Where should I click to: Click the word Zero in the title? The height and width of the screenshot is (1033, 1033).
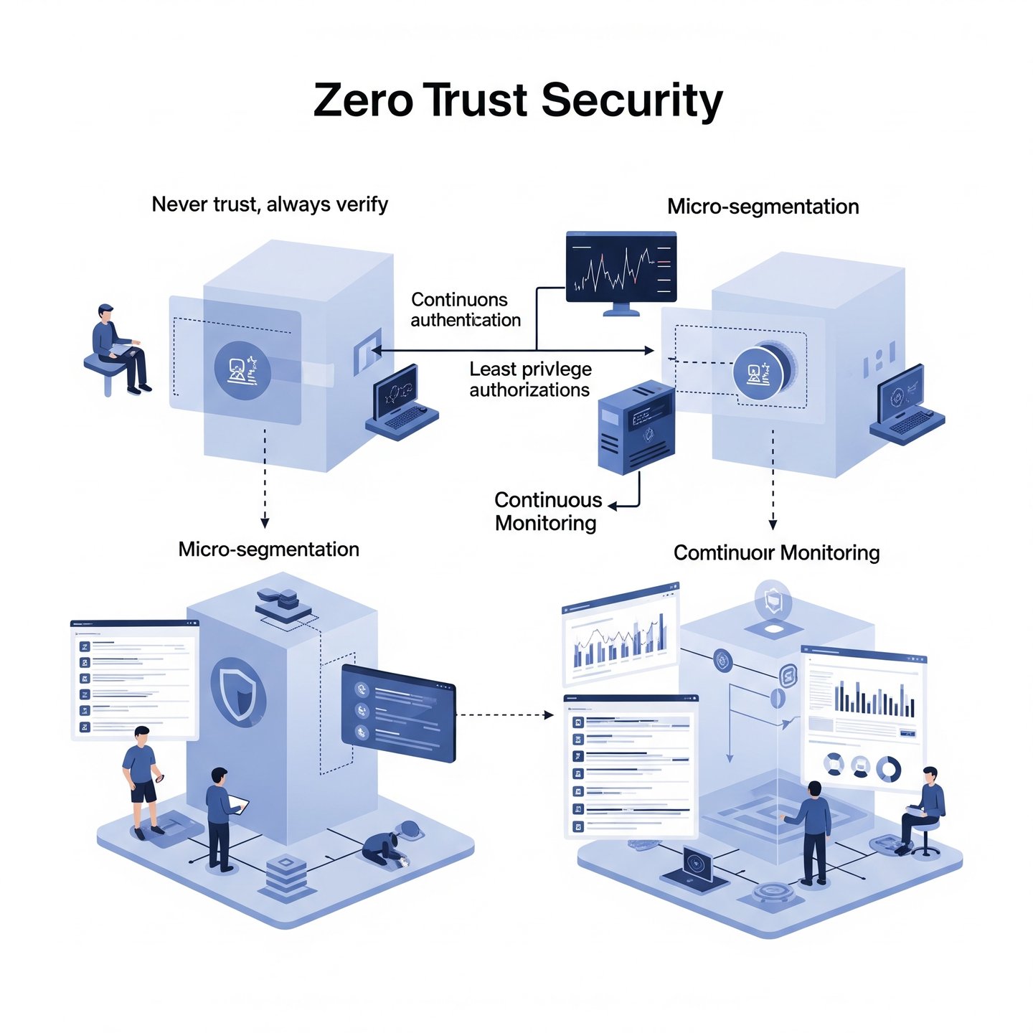363,100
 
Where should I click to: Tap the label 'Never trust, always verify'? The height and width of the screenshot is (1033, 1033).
270,204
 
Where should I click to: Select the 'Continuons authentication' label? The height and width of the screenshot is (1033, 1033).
466,310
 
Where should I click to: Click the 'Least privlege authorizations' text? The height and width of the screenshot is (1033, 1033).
530,379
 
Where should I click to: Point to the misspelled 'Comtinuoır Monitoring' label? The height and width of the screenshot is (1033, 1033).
776,553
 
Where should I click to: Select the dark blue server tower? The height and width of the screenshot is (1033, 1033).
636,428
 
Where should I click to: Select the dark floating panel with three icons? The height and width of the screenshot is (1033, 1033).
399,713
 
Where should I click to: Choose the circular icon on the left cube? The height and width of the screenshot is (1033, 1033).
242,370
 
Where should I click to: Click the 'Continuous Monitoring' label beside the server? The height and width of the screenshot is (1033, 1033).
548,511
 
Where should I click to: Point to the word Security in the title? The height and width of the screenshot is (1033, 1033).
631,100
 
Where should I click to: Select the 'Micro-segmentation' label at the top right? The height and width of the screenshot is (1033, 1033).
763,207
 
